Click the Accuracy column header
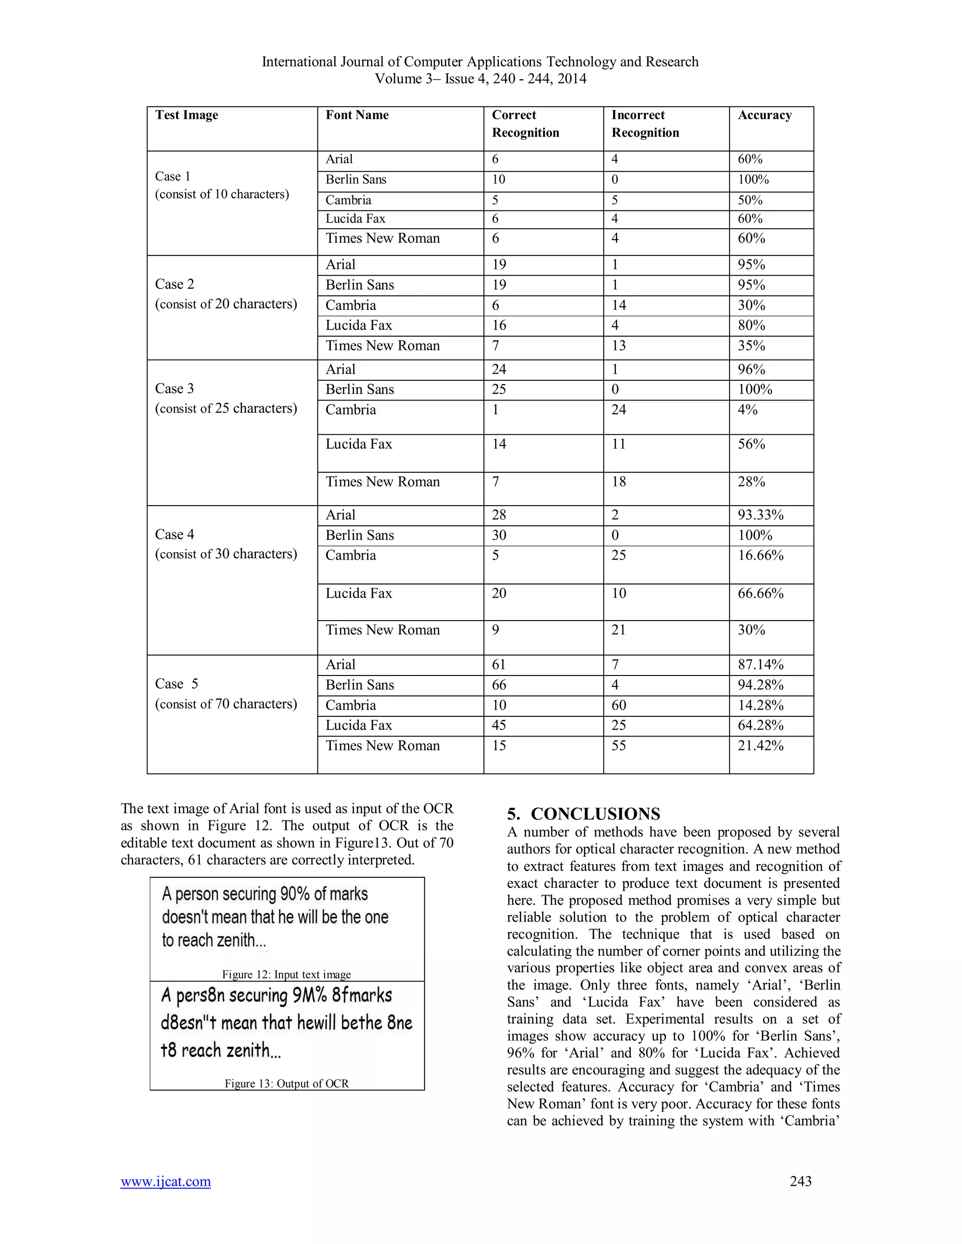pos(764,115)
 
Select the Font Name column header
pos(357,115)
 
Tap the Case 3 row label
pos(174,389)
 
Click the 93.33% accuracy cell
pos(760,515)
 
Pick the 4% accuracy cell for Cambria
pos(747,409)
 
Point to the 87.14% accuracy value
pos(760,665)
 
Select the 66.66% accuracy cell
pos(760,593)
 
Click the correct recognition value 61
pos(499,665)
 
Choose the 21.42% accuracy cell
pos(760,745)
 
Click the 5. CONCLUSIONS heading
pos(583,814)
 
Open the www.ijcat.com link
pos(165,1182)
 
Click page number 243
pos(800,1182)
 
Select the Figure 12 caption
pos(286,975)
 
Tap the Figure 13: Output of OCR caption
pos(286,1083)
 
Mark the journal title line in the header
pos(480,61)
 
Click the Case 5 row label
pos(176,683)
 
